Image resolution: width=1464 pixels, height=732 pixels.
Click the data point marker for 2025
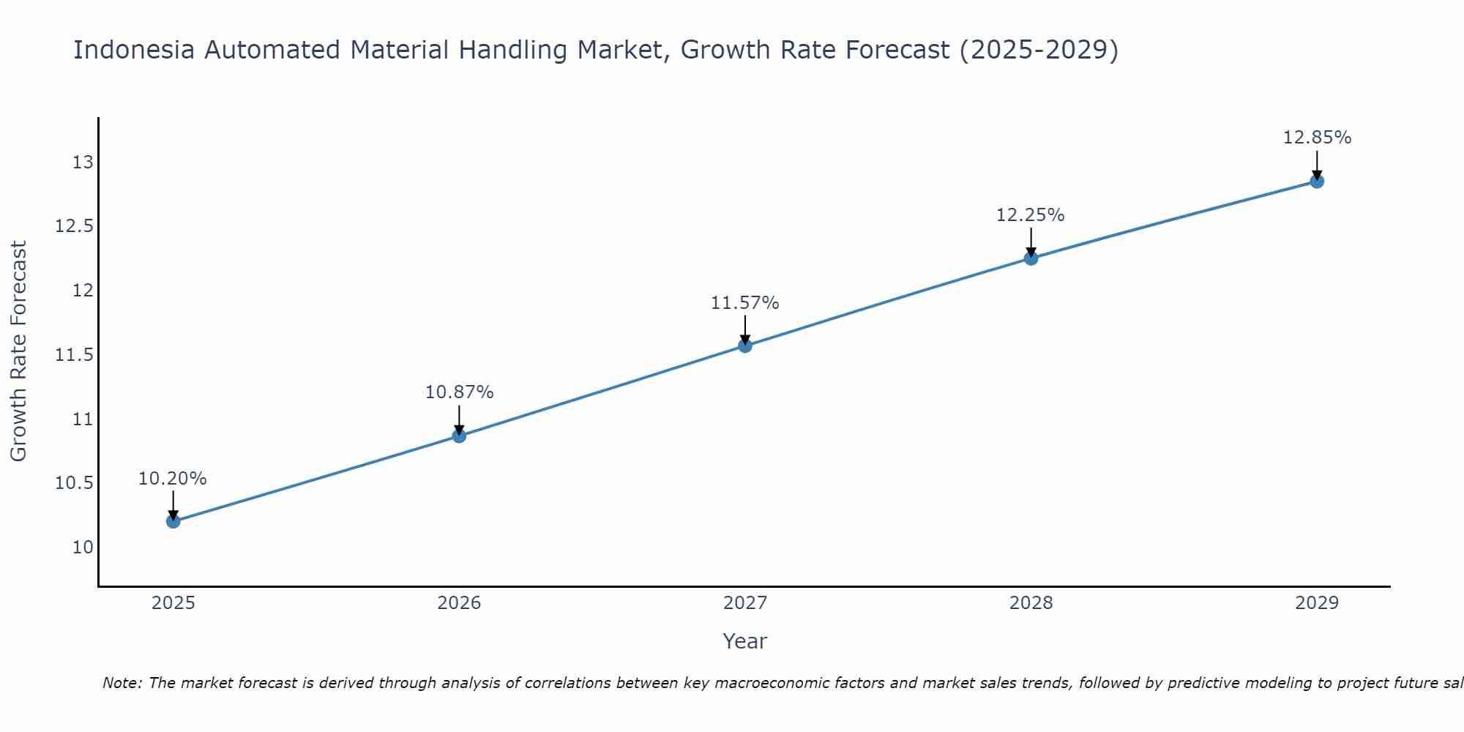[x=173, y=521]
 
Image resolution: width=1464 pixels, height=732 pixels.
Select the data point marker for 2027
[x=745, y=346]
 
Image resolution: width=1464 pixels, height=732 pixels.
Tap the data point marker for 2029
[x=1317, y=182]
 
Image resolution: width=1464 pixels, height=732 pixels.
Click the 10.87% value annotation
[x=460, y=392]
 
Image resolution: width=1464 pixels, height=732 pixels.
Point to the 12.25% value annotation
[x=1031, y=215]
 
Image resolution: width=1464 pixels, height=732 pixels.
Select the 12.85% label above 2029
[x=1317, y=138]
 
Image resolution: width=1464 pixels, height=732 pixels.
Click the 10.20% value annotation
[x=173, y=479]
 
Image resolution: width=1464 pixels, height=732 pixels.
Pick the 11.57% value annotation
[x=745, y=303]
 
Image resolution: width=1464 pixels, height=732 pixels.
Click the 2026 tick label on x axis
[x=459, y=603]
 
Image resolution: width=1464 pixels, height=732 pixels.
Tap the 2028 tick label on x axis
[x=1031, y=603]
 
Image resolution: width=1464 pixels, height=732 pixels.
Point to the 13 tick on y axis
[x=83, y=163]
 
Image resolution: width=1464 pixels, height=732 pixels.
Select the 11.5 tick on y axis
[x=75, y=355]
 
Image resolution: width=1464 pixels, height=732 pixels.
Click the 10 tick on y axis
[x=83, y=548]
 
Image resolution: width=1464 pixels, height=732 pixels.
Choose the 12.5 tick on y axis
[x=75, y=226]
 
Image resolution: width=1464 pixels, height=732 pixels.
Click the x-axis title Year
[x=744, y=641]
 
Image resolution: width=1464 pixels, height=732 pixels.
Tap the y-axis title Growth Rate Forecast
[x=19, y=351]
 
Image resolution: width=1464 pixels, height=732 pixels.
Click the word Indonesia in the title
[x=134, y=51]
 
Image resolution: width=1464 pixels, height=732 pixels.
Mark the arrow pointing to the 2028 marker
[x=1031, y=242]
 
